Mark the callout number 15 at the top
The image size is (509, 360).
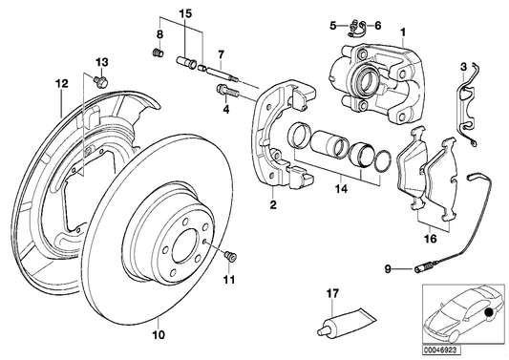[184, 13]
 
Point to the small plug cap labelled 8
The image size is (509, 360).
[159, 51]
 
